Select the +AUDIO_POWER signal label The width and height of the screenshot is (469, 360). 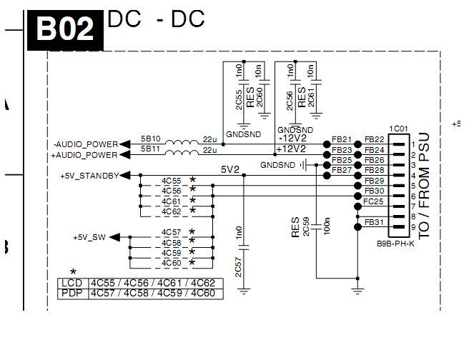coord(84,154)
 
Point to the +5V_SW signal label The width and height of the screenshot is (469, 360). coord(90,237)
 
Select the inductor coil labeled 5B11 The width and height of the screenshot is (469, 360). coord(184,152)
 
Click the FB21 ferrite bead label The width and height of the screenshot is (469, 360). coord(342,139)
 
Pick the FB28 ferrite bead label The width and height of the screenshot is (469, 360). coord(375,171)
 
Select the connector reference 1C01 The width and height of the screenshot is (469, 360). coord(398,129)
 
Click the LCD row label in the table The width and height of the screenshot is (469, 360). coord(71,284)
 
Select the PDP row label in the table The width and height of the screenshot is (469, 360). coord(71,294)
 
